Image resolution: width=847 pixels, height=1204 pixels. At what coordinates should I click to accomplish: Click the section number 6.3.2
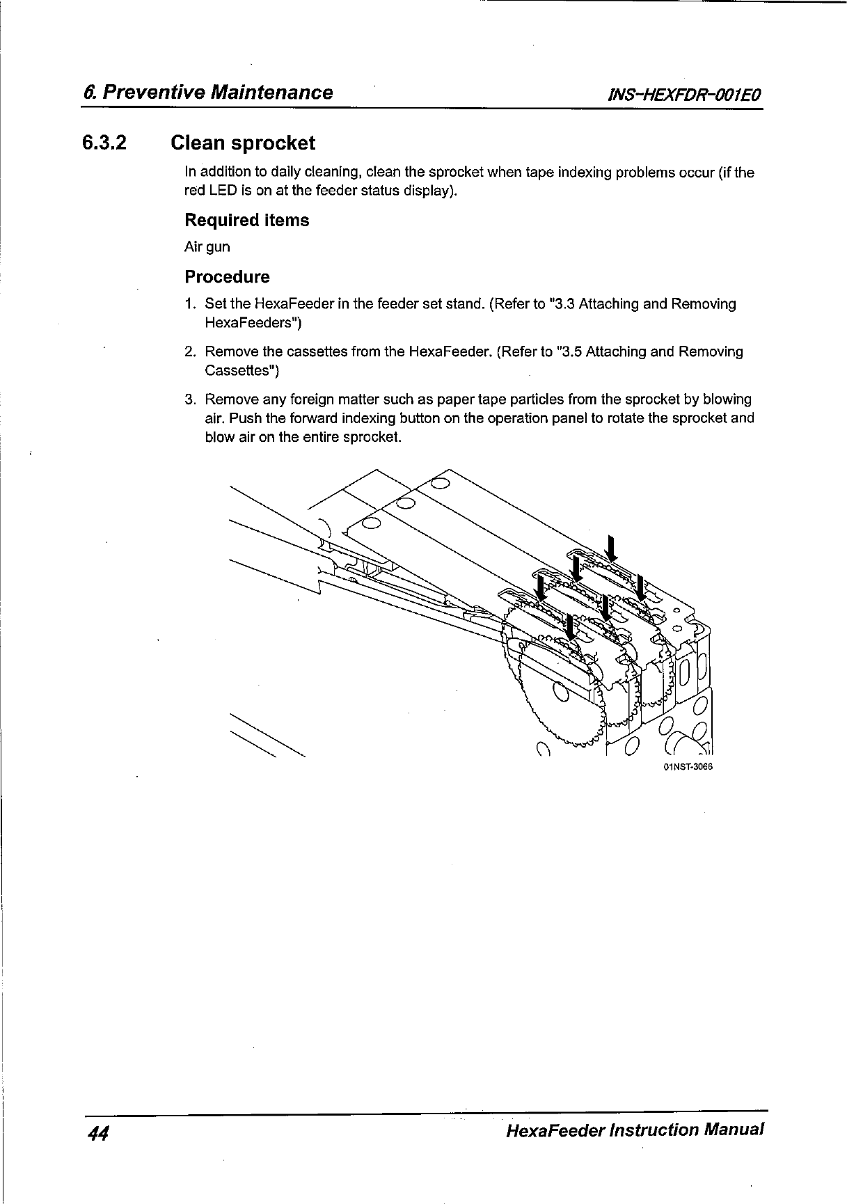coord(105,143)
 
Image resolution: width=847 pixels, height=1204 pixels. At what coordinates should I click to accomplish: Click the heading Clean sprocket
coord(243,143)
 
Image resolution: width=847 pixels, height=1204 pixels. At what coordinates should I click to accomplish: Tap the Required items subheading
coord(246,221)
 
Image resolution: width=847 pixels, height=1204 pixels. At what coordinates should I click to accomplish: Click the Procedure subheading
coord(227,277)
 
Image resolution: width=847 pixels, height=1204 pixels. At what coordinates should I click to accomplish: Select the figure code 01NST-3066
coord(689,767)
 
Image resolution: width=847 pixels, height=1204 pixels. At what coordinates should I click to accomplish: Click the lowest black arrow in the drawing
coord(570,628)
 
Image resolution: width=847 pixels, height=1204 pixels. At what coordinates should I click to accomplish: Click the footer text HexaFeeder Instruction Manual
coord(635,1129)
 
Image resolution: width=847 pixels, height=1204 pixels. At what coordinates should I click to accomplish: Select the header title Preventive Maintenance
coord(217,93)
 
